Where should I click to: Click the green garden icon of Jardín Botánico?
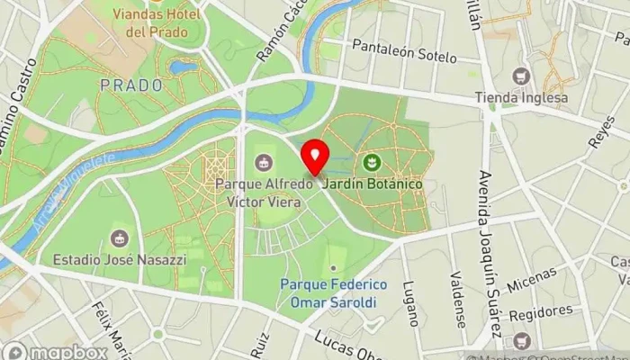pos(370,162)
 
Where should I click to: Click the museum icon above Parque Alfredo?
pos(263,162)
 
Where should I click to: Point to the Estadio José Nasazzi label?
pos(118,260)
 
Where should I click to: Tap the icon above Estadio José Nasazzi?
pos(118,238)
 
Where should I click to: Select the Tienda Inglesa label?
pos(522,97)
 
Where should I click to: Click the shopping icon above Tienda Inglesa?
pos(521,76)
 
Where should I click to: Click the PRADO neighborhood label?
pos(131,85)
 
